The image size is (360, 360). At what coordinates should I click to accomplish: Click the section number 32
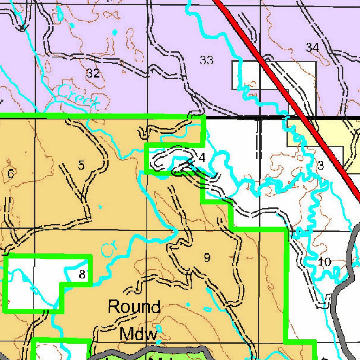(x=93, y=73)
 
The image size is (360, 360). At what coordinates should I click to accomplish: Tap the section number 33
(x=207, y=60)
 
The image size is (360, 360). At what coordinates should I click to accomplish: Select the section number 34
(x=312, y=47)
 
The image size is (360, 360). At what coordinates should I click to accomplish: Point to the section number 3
(x=320, y=166)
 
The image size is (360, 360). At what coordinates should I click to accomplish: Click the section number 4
(x=202, y=158)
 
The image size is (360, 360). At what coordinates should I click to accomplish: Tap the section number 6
(x=11, y=173)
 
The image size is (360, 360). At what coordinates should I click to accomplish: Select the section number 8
(x=82, y=274)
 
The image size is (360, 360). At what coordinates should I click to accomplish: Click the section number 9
(x=207, y=258)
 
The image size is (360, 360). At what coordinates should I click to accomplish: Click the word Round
(x=134, y=307)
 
